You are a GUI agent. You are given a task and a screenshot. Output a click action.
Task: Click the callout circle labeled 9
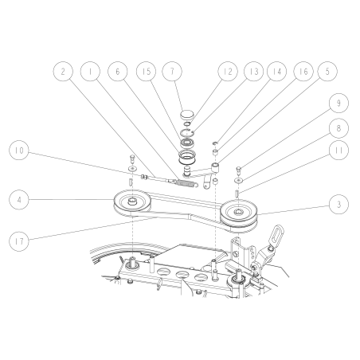coord(338,103)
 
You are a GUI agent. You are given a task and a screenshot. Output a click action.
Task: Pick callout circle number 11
coord(338,148)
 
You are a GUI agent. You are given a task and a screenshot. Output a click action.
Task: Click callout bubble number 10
coord(22,149)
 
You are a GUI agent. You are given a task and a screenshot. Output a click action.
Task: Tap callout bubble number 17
coord(22,237)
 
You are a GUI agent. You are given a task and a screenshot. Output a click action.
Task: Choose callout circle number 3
coord(338,205)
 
